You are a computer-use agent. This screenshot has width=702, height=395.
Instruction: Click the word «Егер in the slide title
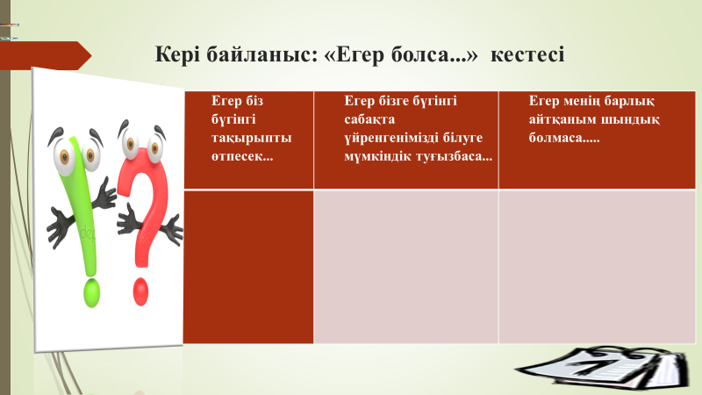tap(355, 54)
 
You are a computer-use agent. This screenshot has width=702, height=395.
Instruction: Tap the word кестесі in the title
tap(527, 54)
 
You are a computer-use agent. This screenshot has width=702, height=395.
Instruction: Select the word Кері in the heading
tap(178, 55)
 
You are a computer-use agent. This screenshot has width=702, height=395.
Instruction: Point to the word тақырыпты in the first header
tap(251, 138)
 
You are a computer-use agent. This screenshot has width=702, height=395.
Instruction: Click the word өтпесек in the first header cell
tap(242, 156)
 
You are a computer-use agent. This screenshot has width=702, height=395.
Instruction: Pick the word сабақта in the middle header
tap(369, 119)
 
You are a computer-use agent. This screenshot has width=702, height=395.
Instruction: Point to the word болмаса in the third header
tap(563, 138)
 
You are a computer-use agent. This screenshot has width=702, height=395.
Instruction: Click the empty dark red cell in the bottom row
tap(248, 267)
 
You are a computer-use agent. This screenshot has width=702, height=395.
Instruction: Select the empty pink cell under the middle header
tap(406, 267)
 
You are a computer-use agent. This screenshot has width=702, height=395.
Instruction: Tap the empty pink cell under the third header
tap(598, 267)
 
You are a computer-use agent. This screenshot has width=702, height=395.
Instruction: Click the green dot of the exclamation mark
tap(92, 293)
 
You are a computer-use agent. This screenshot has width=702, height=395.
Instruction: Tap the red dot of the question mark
tap(140, 291)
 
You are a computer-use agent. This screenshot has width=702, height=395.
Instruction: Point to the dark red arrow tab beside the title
tap(46, 55)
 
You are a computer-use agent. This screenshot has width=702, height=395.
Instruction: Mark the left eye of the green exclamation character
tap(64, 156)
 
